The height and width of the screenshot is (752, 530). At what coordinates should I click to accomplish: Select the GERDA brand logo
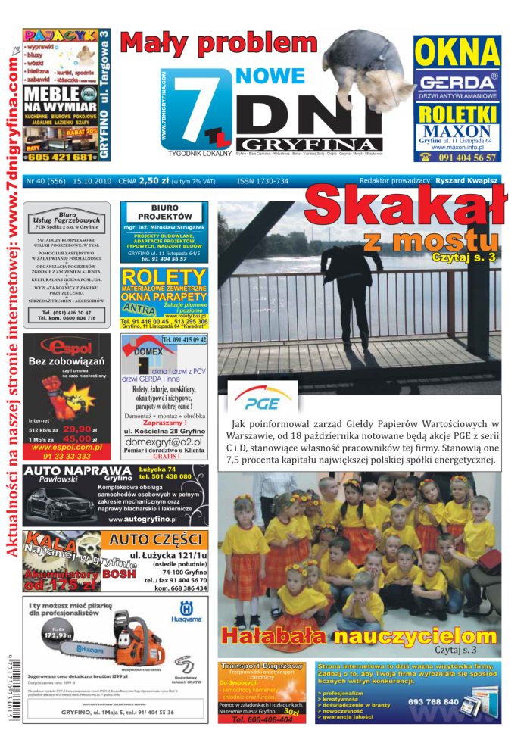tap(457, 82)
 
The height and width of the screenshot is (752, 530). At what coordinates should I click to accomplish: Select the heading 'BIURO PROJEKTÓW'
tap(164, 211)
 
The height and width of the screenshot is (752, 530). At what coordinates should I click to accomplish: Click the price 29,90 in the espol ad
tap(77, 429)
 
